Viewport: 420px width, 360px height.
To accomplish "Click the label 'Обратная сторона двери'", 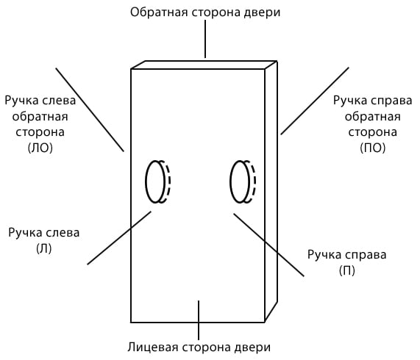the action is (205, 12).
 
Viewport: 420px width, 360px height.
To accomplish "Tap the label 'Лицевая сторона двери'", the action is (199, 348).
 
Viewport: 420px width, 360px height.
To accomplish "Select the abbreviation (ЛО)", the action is (40, 148).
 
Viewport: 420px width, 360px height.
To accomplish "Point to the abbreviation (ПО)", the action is (373, 148).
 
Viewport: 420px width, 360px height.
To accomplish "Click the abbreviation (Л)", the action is (44, 248).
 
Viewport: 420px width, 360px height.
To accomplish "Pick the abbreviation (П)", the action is (347, 270).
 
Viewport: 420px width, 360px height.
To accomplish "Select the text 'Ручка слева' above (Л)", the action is (44, 233).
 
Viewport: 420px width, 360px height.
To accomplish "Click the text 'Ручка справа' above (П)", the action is (347, 255).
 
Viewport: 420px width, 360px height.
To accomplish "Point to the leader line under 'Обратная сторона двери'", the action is (205, 39).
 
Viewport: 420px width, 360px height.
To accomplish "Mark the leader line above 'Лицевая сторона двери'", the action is (199, 320).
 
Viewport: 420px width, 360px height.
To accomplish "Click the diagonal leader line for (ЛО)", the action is (90, 110).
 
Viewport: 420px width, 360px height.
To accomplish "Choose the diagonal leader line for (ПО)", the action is (315, 101).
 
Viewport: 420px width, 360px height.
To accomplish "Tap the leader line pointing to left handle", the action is (119, 238).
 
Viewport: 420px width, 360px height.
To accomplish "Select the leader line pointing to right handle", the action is (268, 245).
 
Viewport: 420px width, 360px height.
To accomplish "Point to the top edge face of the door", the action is (204, 65).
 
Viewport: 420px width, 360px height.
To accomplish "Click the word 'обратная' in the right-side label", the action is (373, 117).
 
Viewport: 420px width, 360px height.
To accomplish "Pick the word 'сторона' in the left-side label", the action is (40, 132).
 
